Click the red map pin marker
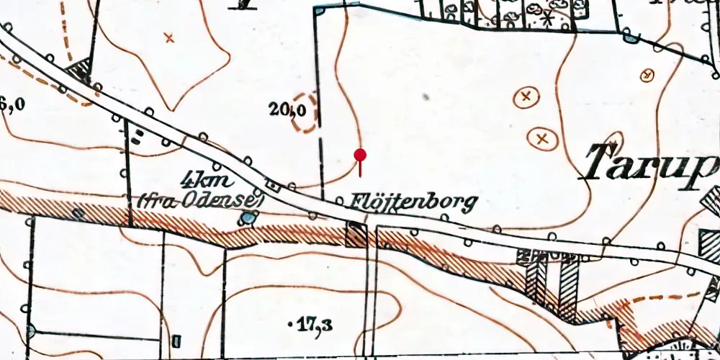[360, 156]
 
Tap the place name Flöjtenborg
[415, 204]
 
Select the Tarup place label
[652, 163]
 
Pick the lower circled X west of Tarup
[543, 137]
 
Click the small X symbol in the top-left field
[170, 37]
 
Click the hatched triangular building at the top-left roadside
[79, 71]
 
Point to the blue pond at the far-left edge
[30, 330]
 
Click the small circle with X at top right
[647, 75]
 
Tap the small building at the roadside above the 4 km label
[273, 185]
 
